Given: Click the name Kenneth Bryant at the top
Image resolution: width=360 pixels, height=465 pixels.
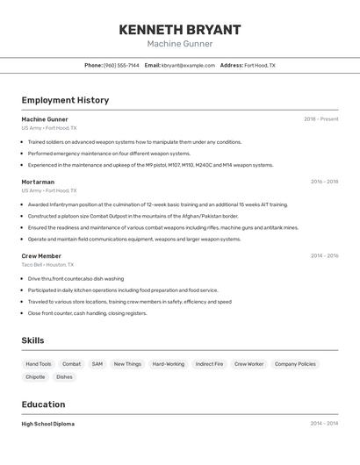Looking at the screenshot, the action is (x=179, y=29).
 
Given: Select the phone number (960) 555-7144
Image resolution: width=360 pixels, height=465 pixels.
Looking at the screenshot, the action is (x=121, y=65).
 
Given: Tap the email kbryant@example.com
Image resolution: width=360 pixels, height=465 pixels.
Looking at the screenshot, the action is (x=188, y=65).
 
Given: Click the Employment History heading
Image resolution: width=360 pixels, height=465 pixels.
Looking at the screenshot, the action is (x=65, y=100).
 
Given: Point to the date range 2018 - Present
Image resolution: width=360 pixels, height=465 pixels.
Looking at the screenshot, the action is (x=321, y=119).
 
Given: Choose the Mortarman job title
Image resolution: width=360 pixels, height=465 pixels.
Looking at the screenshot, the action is (x=38, y=182).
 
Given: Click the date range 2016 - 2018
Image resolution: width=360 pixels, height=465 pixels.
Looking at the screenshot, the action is (x=324, y=182).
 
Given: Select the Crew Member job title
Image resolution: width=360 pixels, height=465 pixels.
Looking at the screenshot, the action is (x=41, y=256).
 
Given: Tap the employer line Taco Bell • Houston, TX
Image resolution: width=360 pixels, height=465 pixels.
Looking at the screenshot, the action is (x=47, y=264).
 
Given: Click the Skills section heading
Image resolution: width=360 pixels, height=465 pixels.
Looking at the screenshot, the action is (x=33, y=340).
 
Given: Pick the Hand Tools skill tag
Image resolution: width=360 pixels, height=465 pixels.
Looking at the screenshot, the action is (x=39, y=363).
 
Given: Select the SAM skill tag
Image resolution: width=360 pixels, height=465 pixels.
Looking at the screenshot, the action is (x=97, y=363).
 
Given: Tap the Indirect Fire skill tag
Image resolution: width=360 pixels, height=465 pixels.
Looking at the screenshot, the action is (x=209, y=363).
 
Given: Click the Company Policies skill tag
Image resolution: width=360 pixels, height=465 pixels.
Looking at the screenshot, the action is (x=295, y=363).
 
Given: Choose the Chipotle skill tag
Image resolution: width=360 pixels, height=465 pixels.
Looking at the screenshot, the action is (x=35, y=376).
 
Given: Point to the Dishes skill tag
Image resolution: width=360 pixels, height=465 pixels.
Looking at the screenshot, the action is (x=64, y=376).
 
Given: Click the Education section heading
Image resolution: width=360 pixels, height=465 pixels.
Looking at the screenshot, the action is (x=43, y=404).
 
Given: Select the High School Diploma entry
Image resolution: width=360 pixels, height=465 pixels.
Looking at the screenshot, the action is (x=47, y=424).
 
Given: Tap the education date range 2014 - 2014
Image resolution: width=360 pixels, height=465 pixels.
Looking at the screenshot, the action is (x=324, y=424).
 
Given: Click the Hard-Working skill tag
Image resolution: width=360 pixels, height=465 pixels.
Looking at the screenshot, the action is (x=169, y=363).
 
